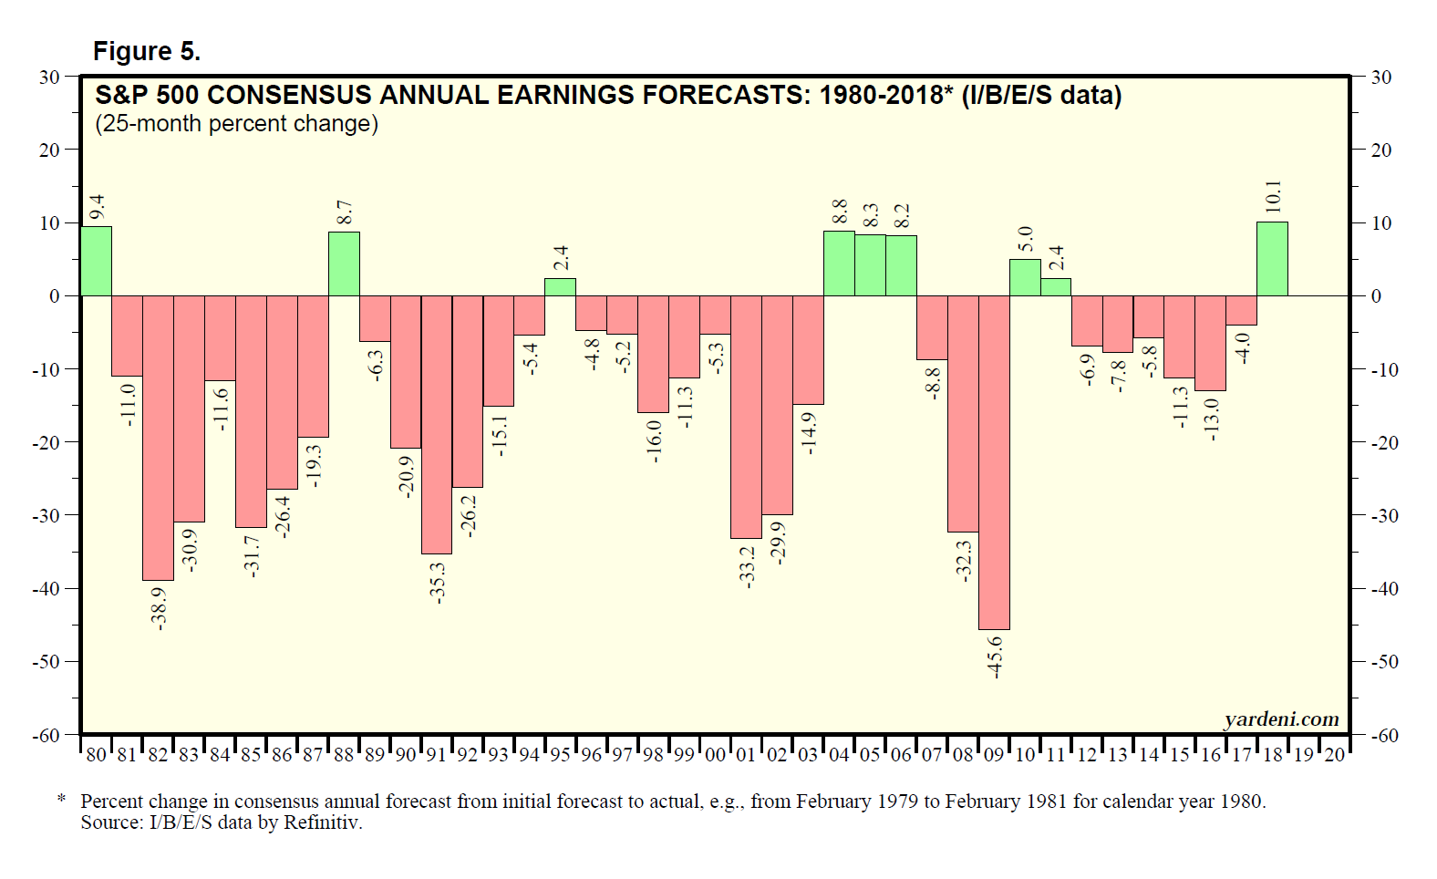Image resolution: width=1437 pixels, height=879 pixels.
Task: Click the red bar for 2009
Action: pos(994,462)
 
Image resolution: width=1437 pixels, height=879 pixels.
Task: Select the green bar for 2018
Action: pos(1272,259)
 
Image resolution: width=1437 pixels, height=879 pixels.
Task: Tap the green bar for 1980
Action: pos(97,261)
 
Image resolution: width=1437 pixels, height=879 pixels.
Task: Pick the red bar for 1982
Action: pos(158,438)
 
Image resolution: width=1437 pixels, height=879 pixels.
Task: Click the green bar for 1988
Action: pos(344,264)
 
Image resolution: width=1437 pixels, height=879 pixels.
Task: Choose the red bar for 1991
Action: pos(437,424)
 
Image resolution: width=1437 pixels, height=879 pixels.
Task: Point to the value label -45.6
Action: pos(995,657)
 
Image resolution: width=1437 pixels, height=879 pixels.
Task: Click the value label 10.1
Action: pos(1273,197)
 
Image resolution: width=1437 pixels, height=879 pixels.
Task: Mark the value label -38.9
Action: pos(159,608)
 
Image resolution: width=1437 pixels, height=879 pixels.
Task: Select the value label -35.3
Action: pos(438,582)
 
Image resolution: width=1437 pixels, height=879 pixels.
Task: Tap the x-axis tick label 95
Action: pos(560,755)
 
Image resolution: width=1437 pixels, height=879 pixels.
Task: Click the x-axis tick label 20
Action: pos(1334,755)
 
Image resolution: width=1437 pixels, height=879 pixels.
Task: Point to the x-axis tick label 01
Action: pos(746,755)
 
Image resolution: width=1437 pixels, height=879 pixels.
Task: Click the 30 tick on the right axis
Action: pos(1381,78)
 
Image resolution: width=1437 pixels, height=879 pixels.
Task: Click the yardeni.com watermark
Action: pos(1281,719)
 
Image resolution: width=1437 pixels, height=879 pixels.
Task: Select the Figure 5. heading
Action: pos(147,52)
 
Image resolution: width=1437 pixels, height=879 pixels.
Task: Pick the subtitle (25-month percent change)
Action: pos(236,124)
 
